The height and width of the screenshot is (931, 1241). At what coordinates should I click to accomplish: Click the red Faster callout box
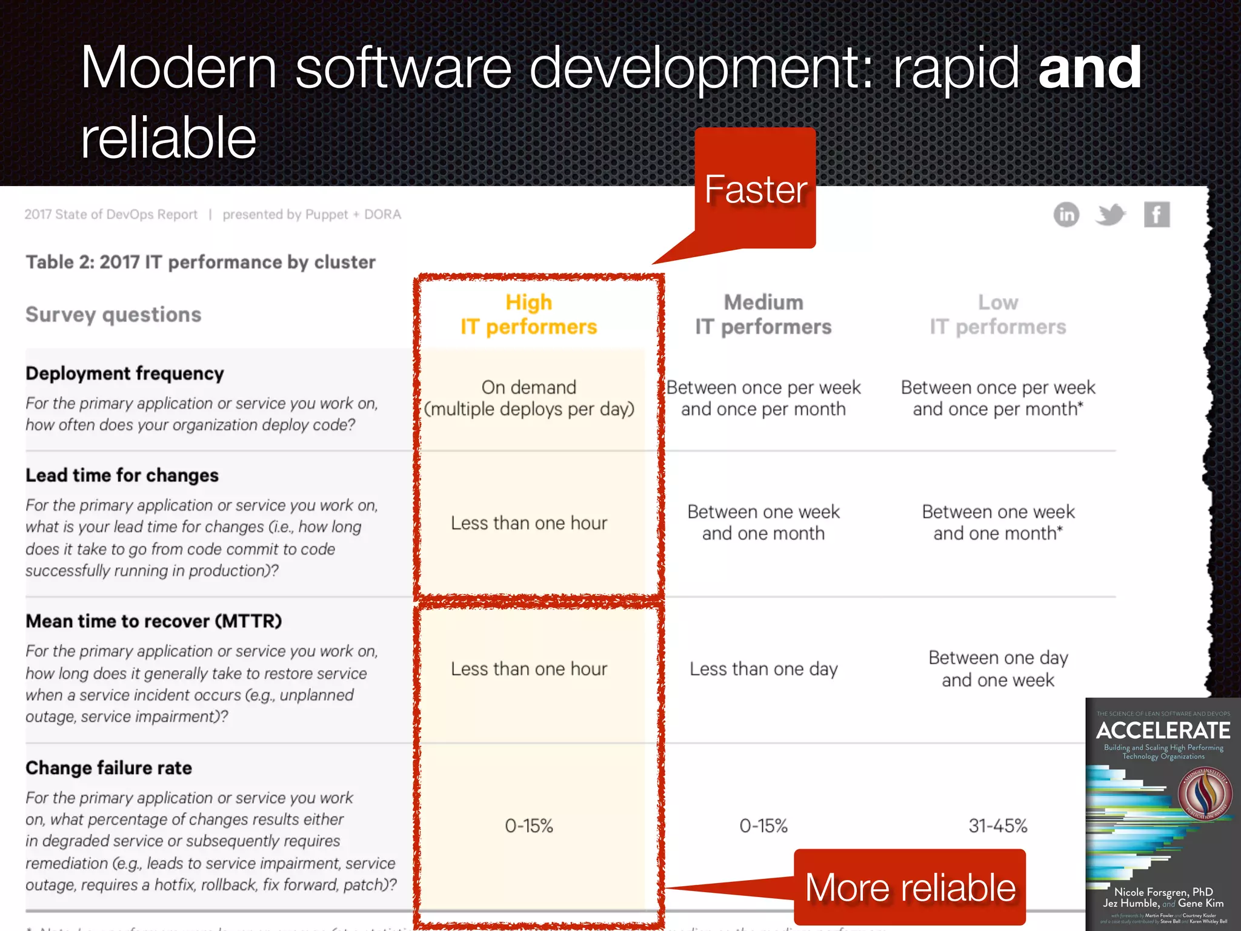coord(755,189)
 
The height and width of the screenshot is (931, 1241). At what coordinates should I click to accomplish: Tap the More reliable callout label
coord(910,887)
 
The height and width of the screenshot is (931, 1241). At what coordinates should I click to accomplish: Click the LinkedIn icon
coord(1066,215)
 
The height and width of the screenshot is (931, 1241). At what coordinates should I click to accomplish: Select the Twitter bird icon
coord(1110,215)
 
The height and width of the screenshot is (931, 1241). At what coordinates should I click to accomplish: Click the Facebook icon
coord(1156,215)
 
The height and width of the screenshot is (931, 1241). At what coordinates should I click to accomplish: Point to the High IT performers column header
coord(528,315)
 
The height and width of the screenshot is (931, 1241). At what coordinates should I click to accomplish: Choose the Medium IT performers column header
coord(763,315)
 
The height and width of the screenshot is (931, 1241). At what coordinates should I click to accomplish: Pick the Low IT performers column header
coord(997,315)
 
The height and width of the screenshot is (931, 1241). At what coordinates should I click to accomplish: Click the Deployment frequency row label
coord(125,373)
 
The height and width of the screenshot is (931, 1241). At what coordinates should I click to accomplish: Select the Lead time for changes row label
coord(122,475)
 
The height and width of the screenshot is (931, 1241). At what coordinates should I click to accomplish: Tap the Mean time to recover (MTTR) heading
coord(153,621)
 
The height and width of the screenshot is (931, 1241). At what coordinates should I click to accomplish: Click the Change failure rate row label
coord(108,768)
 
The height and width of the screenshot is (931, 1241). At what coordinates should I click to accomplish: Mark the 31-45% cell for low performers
coord(997,826)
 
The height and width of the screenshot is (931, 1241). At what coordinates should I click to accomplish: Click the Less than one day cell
coord(764,669)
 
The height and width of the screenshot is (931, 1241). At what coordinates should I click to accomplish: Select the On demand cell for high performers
coord(528,398)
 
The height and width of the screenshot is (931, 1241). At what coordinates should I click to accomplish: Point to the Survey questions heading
coord(113,315)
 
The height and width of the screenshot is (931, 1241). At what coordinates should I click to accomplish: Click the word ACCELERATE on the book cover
coord(1163,730)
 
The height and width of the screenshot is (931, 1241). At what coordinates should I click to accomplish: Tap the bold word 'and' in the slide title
coord(1090,68)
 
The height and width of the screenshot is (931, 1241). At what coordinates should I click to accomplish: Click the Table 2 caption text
coord(201,262)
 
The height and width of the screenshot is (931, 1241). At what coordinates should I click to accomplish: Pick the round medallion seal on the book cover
coord(1205,793)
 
